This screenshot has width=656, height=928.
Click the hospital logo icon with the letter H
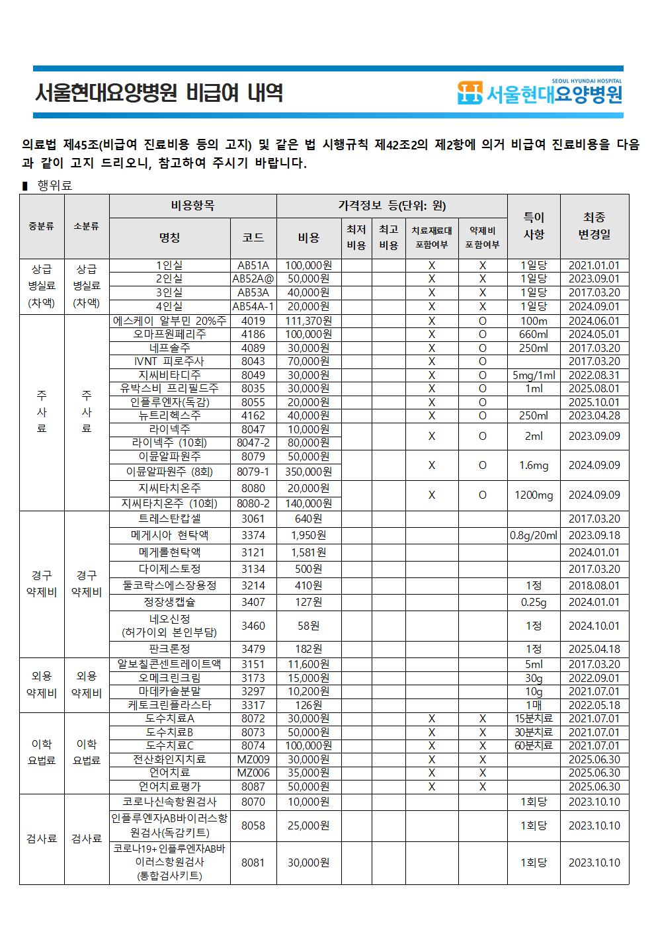[x=470, y=93]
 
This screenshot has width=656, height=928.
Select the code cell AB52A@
[x=253, y=279]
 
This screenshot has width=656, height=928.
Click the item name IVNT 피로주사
[x=170, y=361]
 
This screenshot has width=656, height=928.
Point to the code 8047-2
[x=253, y=443]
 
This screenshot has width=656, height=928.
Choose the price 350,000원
[x=309, y=472]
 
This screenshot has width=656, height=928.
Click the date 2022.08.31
[x=594, y=375]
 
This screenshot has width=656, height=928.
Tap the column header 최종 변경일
[x=594, y=226]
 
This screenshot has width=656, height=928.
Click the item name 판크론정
[x=170, y=649]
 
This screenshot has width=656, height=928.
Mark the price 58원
[x=309, y=625]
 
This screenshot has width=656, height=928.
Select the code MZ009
[x=253, y=759]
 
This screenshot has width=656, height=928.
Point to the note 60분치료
[x=534, y=745]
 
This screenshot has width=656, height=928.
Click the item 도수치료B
[x=170, y=732]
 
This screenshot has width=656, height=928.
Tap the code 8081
[x=253, y=863]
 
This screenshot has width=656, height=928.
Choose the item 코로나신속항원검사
[x=170, y=802]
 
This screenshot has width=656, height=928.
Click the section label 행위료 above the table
[x=55, y=185]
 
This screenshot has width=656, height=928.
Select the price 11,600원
[x=309, y=664]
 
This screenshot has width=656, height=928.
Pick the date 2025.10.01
[x=594, y=402]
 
